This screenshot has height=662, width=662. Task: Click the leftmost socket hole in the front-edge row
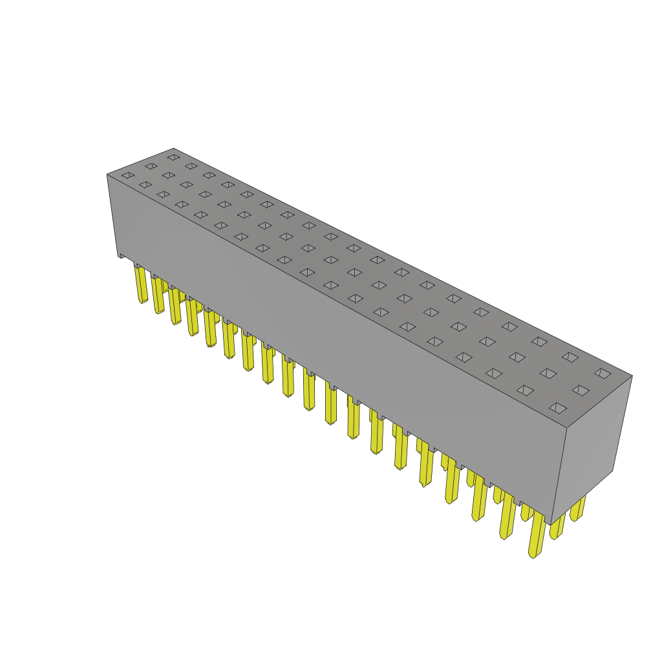128,175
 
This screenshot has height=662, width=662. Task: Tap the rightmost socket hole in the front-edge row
558,408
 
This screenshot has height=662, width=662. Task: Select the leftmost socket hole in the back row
173,157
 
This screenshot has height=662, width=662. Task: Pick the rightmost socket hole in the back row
603,373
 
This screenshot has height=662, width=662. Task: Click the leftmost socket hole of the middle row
151,166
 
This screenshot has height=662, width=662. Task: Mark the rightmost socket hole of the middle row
581,390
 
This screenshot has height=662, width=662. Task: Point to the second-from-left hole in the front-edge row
145,185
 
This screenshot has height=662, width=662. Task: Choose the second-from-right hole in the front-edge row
526,390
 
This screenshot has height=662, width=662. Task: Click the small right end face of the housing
590,446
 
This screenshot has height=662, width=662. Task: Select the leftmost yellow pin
141,284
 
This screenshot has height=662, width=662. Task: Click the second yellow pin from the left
158,295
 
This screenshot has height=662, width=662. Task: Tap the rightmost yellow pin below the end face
577,509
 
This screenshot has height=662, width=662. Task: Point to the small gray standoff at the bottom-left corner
121,255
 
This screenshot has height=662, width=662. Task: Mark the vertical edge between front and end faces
559,475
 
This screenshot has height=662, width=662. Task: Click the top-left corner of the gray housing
107,175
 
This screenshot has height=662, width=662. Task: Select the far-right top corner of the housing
632,376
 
